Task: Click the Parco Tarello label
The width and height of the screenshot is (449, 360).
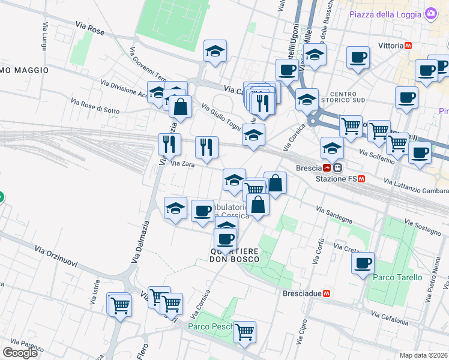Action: [x=397, y=277]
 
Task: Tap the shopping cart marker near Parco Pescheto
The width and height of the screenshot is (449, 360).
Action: [x=244, y=331]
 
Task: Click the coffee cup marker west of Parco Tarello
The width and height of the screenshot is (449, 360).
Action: [x=363, y=263]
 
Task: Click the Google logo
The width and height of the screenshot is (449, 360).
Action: [x=20, y=352]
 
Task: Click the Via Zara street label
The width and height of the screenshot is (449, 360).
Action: [x=183, y=164]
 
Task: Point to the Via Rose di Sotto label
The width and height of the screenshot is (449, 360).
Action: [x=95, y=106]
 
